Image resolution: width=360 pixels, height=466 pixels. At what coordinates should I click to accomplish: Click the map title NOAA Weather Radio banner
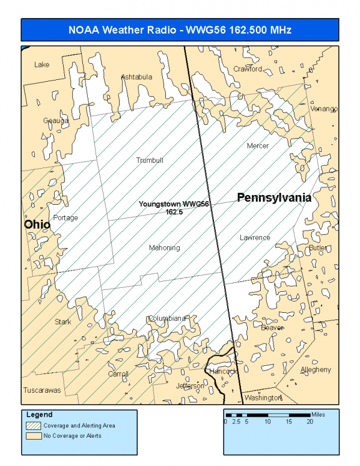[x=180, y=29]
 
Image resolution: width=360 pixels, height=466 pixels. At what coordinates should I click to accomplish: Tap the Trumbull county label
[x=150, y=160]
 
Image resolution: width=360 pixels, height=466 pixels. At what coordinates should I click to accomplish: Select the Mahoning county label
[x=165, y=247]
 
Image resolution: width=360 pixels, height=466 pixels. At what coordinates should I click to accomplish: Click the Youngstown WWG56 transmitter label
[x=174, y=207]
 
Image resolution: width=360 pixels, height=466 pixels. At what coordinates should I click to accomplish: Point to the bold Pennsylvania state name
[x=274, y=197]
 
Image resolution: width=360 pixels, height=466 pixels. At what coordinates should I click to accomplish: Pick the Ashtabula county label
[x=137, y=77]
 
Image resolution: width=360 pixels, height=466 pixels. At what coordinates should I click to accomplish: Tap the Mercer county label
[x=258, y=146]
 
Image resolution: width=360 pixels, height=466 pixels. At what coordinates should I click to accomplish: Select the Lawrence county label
[x=255, y=237]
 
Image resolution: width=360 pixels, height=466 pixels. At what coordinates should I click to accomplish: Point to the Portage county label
[x=66, y=217]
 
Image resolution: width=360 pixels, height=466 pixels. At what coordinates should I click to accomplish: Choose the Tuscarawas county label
[x=42, y=390]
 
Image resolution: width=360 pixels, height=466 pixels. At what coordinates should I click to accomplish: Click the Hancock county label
[x=223, y=371]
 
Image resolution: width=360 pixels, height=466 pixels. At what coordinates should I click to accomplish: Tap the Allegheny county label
[x=316, y=369]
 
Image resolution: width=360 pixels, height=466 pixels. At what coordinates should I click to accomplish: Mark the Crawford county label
[x=248, y=68]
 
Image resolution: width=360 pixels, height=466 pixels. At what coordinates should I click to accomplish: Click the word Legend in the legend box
[x=39, y=414]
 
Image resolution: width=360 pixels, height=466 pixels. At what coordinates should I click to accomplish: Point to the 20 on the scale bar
[x=310, y=422]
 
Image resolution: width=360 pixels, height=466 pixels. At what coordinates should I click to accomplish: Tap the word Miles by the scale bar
[x=320, y=414]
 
